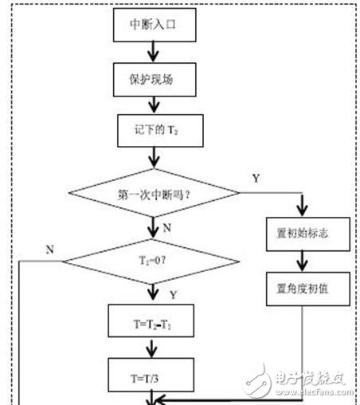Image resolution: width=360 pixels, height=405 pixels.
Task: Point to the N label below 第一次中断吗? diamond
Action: (167, 227)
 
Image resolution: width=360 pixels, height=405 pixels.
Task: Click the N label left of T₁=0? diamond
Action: (49, 248)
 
